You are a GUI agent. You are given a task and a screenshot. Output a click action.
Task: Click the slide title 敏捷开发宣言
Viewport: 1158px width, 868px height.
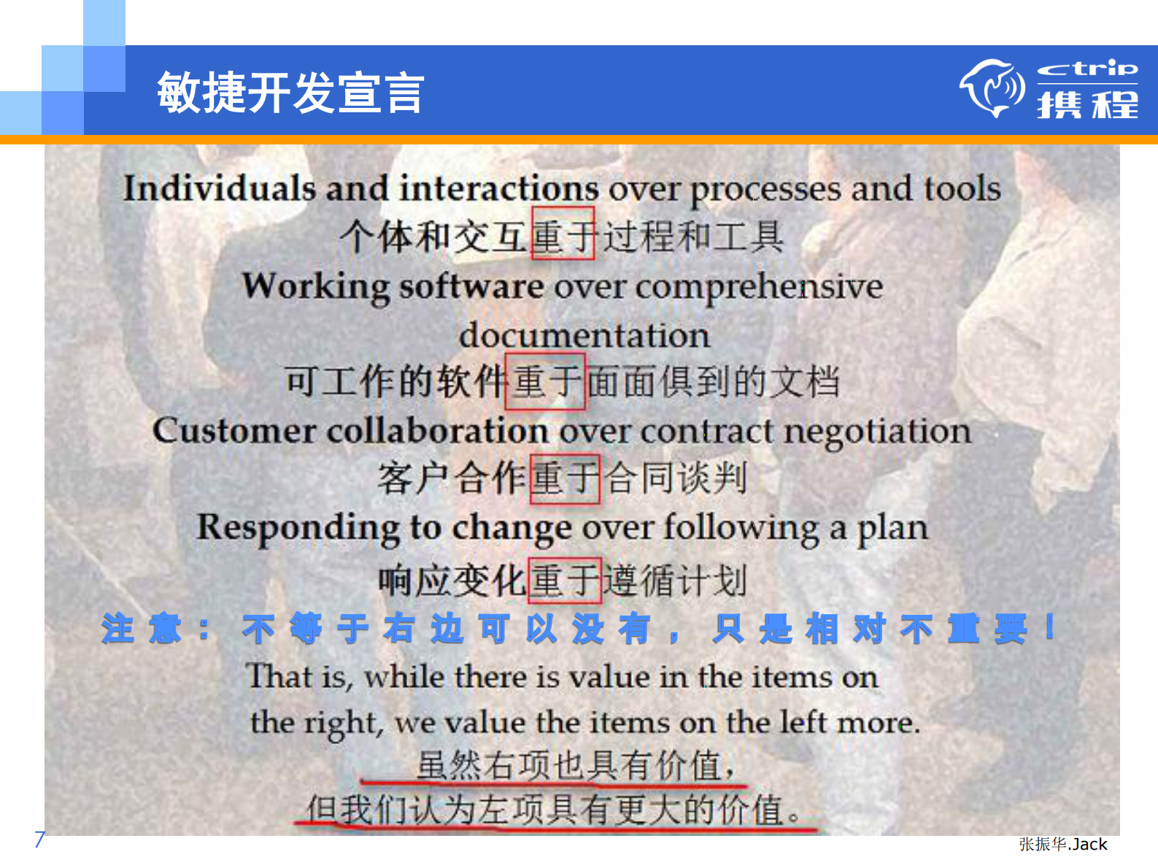click(290, 93)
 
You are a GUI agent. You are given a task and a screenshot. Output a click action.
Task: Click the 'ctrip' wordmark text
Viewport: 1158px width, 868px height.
click(1087, 69)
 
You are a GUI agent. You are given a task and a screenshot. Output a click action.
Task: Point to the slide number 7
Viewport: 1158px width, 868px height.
click(39, 840)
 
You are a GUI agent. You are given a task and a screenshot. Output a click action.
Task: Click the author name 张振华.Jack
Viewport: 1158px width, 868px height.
click(1062, 844)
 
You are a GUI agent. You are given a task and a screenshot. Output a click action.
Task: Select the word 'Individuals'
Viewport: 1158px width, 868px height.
click(219, 188)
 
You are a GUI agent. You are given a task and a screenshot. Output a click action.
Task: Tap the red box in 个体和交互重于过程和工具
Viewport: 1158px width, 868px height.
click(563, 233)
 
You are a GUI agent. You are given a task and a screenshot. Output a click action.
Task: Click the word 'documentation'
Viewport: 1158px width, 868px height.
click(584, 336)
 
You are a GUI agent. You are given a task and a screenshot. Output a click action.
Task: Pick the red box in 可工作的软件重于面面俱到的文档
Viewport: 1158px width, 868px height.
click(545, 381)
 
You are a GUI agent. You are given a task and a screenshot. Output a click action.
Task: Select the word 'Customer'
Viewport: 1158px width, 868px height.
click(233, 430)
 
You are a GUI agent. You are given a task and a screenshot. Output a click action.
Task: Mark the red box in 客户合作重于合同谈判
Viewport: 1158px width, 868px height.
click(565, 478)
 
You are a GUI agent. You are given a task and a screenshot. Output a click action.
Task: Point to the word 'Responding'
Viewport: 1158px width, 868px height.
click(298, 528)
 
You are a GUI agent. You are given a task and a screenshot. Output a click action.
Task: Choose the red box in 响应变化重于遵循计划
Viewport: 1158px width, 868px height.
click(564, 581)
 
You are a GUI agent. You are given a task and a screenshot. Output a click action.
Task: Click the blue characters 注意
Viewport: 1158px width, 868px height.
click(142, 629)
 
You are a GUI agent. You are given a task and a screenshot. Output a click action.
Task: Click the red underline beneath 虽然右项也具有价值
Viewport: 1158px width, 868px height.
click(555, 785)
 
